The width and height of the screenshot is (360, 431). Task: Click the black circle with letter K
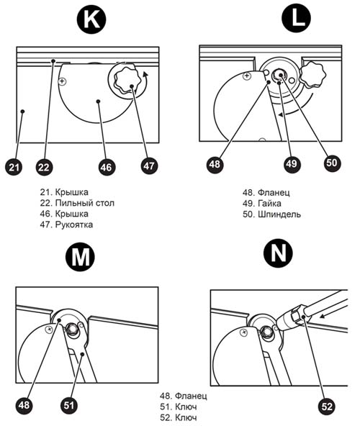(91, 19)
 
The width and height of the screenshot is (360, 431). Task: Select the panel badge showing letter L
(296, 19)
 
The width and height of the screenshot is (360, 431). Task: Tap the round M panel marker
(80, 257)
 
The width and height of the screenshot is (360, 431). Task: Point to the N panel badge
(278, 253)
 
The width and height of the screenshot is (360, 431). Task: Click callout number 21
(14, 167)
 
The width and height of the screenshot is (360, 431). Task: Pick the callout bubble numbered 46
(107, 167)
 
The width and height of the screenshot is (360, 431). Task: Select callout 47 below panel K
(149, 165)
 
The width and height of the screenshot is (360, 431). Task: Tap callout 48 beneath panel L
(215, 164)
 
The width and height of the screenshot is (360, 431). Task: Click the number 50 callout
(332, 163)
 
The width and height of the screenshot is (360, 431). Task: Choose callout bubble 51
(68, 405)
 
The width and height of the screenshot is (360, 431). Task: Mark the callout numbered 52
(327, 406)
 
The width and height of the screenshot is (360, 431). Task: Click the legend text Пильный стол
(85, 203)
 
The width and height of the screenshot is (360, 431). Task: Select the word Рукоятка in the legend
(74, 224)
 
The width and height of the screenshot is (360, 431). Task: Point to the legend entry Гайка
(269, 204)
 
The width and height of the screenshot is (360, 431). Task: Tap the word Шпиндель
(279, 214)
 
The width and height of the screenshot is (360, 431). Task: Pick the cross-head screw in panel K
(63, 81)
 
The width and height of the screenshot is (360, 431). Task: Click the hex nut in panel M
(71, 329)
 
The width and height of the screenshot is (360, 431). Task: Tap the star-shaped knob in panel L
(312, 75)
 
